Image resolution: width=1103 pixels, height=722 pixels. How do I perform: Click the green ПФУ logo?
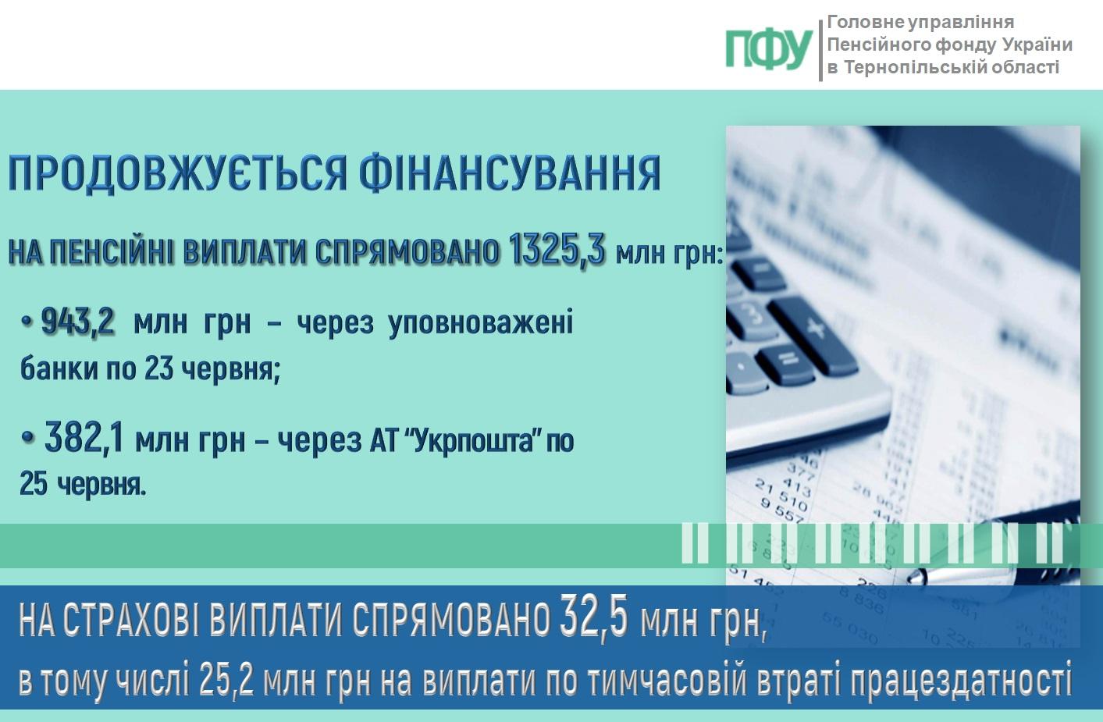pos(769,50)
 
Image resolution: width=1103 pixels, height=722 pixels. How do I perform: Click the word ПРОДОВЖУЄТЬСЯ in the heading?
pos(177,173)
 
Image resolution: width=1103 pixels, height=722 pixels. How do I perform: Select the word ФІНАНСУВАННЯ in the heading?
pos(510,173)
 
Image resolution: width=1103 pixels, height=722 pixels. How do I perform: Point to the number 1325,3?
pos(557,250)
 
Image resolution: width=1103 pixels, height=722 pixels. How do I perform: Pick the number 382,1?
pos(84,439)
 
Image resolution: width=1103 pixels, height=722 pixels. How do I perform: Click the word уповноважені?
pos(481,325)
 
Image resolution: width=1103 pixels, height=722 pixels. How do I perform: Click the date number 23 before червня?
pos(158,368)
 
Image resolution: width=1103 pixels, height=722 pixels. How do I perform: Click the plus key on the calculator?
pos(815,328)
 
